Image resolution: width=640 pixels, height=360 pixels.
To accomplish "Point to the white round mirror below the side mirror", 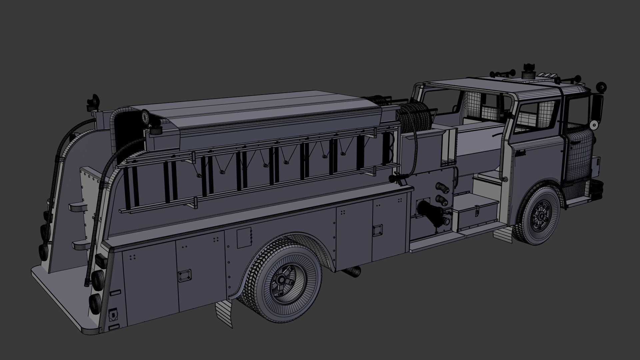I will click(x=593, y=125).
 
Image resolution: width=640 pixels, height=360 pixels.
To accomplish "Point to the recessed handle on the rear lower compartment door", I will click(x=184, y=275).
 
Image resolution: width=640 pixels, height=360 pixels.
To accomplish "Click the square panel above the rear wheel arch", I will click(x=244, y=237).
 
